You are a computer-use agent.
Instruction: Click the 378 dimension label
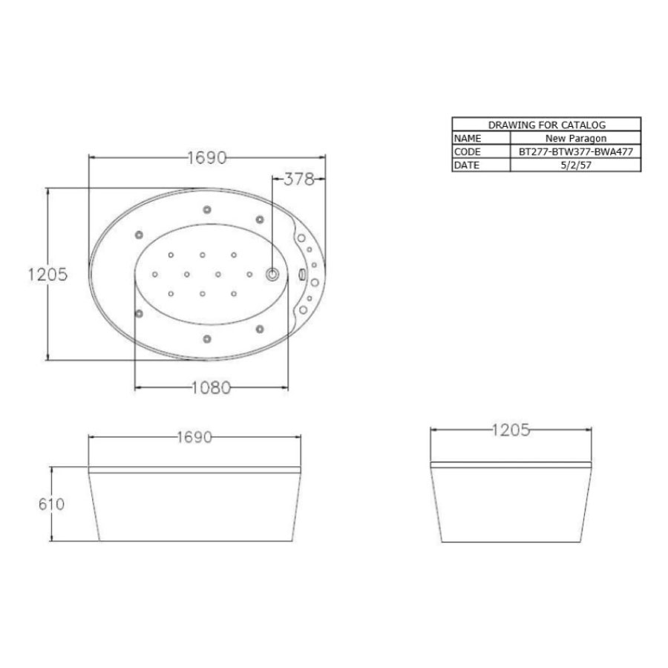click(x=298, y=180)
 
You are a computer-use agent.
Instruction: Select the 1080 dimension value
click(x=211, y=387)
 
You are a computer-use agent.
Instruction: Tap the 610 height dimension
click(x=51, y=505)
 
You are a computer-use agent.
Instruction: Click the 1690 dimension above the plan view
click(x=207, y=157)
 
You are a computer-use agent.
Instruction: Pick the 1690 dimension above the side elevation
click(x=194, y=437)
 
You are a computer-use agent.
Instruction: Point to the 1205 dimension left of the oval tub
click(x=48, y=275)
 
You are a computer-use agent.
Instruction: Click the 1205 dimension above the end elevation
click(x=511, y=430)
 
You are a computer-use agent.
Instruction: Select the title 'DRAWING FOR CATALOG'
click(x=546, y=125)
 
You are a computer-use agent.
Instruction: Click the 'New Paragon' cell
click(x=576, y=138)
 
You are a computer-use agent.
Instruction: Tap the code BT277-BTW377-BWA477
click(x=576, y=151)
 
